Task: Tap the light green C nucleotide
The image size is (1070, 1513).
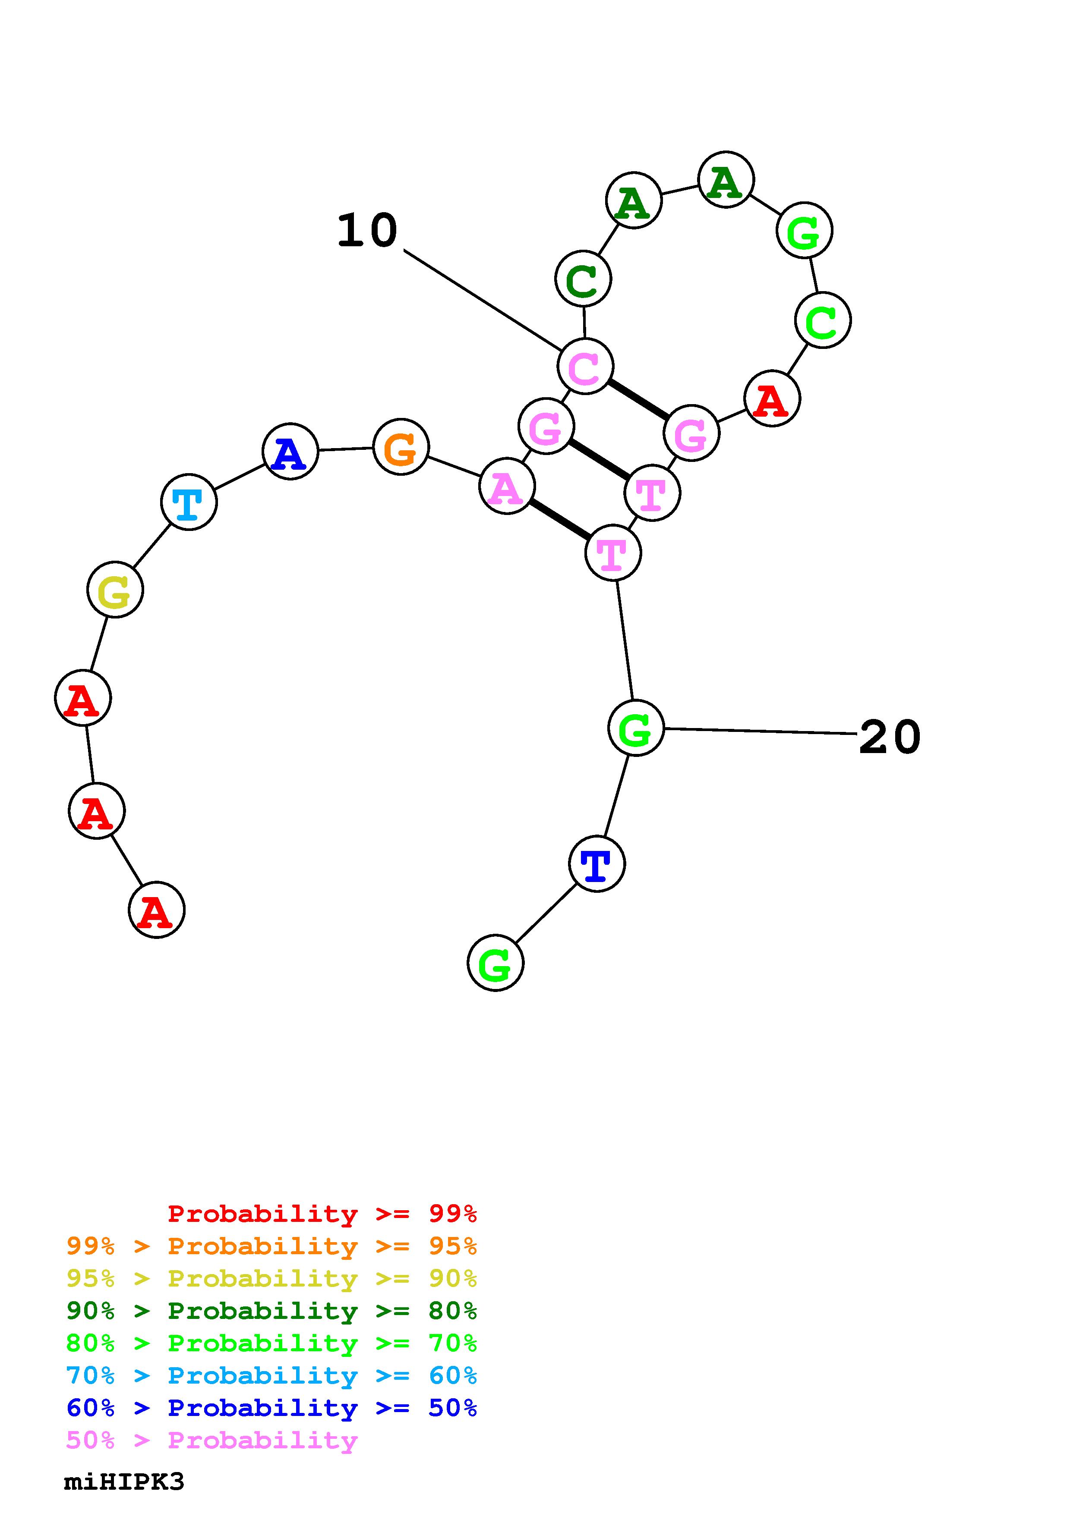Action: (x=823, y=320)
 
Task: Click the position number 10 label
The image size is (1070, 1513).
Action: (x=367, y=231)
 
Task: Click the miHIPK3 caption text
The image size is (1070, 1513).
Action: (x=124, y=1482)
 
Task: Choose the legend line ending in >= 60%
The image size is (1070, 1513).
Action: (x=271, y=1375)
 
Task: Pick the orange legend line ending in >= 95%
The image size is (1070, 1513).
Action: (x=271, y=1246)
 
